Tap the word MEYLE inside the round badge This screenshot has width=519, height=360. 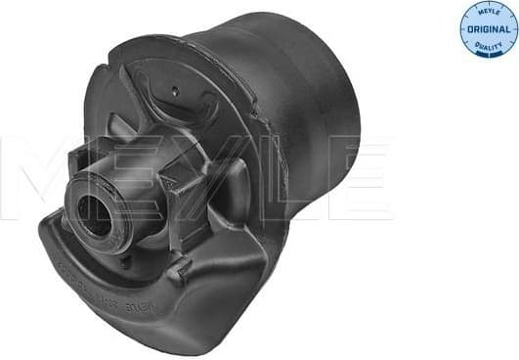(x=488, y=12)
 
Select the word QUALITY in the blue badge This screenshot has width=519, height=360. (x=488, y=42)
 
